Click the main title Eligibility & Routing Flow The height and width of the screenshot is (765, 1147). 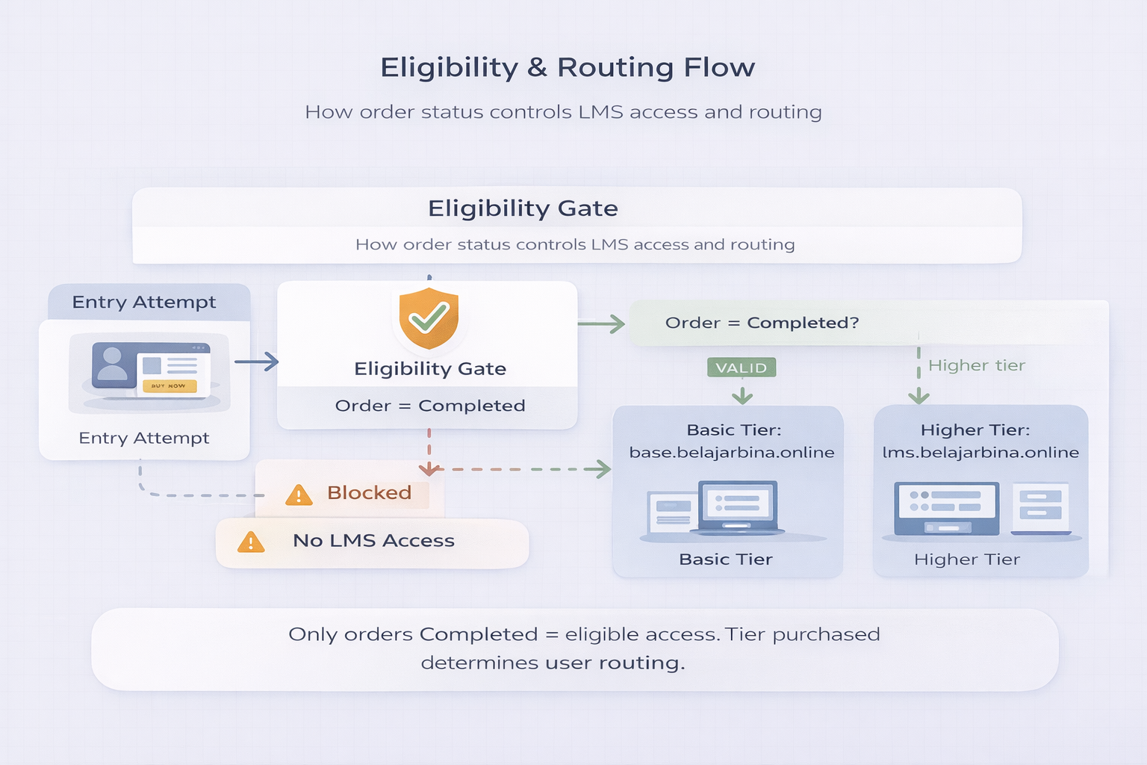pyautogui.click(x=568, y=67)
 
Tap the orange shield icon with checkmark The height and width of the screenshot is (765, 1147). pyautogui.click(x=429, y=318)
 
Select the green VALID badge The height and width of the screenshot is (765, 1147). pyautogui.click(x=742, y=368)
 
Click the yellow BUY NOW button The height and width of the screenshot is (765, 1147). pyautogui.click(x=169, y=386)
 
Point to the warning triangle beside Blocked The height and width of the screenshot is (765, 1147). pyautogui.click(x=299, y=495)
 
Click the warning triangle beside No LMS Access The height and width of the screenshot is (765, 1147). pyautogui.click(x=251, y=542)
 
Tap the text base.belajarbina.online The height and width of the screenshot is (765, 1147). pyautogui.click(x=731, y=453)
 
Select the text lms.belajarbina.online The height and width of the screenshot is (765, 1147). pyautogui.click(x=980, y=453)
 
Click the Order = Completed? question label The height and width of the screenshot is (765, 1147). pyautogui.click(x=762, y=323)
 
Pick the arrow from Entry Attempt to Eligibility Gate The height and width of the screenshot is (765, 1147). pyautogui.click(x=257, y=362)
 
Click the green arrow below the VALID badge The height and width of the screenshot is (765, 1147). pyautogui.click(x=742, y=394)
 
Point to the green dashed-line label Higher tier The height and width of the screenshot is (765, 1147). pyautogui.click(x=976, y=365)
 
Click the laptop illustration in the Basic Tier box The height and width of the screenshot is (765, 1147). pyautogui.click(x=738, y=508)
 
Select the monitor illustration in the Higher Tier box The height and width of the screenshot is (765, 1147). pyautogui.click(x=947, y=508)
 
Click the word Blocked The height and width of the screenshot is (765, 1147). pyautogui.click(x=369, y=493)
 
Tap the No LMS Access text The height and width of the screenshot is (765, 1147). pyautogui.click(x=373, y=541)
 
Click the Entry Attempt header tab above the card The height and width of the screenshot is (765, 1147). pyautogui.click(x=144, y=302)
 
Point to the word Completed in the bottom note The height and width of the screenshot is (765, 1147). pyautogui.click(x=478, y=634)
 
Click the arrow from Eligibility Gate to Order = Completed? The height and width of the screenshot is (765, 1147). pyautogui.click(x=602, y=323)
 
